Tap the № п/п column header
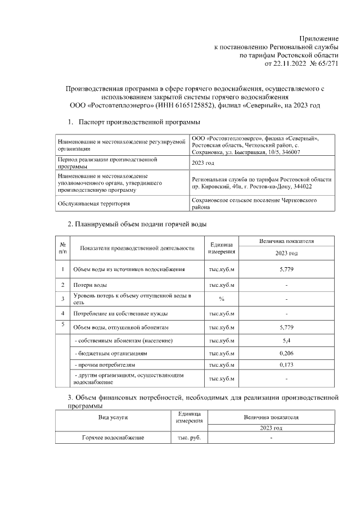click(62, 247)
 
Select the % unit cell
click(222, 299)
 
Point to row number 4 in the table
click(62, 313)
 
